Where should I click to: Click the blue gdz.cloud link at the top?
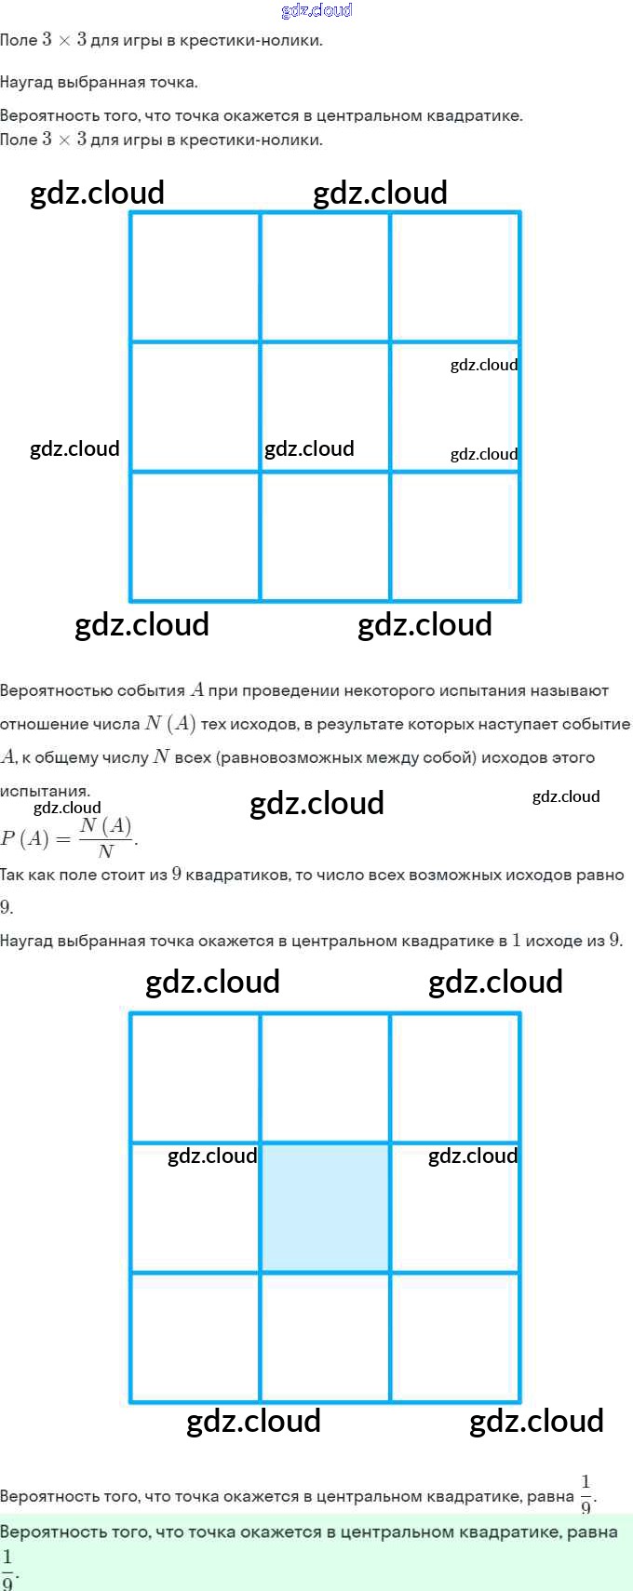(316, 10)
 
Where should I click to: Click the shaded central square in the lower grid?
(325, 1207)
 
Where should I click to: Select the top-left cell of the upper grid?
(195, 276)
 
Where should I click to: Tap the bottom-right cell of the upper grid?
(455, 536)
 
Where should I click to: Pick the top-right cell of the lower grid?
(455, 1077)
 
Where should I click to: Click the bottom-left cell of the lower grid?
(195, 1337)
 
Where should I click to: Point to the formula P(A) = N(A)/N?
(69, 837)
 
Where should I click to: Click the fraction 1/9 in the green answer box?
(8, 1569)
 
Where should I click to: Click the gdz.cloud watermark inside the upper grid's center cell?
(309, 449)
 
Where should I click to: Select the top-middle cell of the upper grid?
(325, 276)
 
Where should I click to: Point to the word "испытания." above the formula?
(45, 791)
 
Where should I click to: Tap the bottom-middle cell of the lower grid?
(325, 1337)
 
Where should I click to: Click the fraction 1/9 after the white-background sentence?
(586, 1492)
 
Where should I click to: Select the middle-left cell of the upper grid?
(195, 407)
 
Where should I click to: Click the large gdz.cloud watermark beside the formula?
(316, 803)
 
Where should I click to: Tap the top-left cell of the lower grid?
(195, 1077)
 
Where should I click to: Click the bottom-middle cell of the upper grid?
(325, 536)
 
